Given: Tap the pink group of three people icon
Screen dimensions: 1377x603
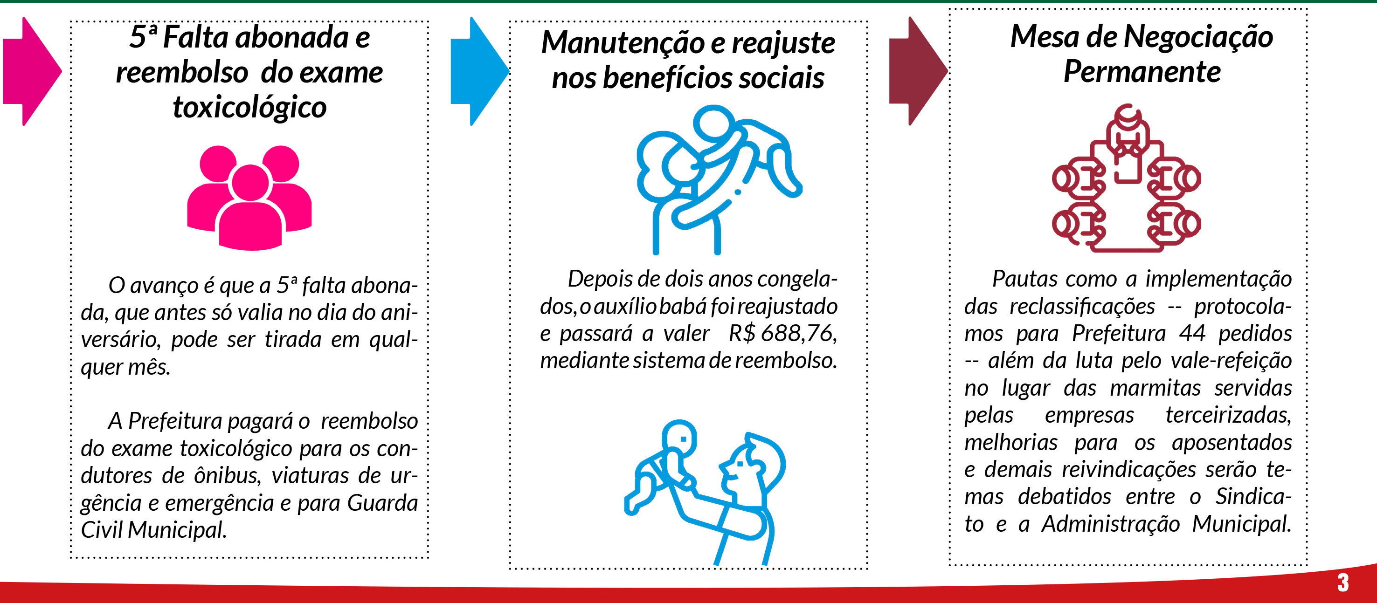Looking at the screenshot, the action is point(249,198).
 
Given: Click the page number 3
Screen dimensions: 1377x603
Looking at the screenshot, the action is point(1343,582).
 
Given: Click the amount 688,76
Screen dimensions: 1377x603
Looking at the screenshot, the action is point(799,333).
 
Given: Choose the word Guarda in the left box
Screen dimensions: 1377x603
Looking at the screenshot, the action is point(382,503).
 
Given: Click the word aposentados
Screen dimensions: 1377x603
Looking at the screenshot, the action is point(1232,443).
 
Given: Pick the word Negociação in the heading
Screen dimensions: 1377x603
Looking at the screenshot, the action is point(1198,37).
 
